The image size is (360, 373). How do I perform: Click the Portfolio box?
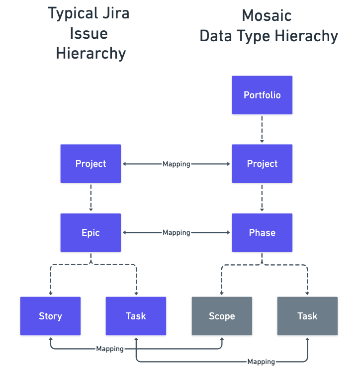pyautogui.click(x=262, y=95)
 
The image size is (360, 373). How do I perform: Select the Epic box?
pyautogui.click(x=90, y=232)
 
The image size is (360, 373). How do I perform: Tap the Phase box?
pyautogui.click(x=262, y=232)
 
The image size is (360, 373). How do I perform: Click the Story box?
pyautogui.click(x=50, y=316)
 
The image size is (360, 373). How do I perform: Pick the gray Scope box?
pyautogui.click(x=222, y=316)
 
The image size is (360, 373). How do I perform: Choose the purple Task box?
pyautogui.click(x=136, y=316)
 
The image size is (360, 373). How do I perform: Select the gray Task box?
pyautogui.click(x=307, y=316)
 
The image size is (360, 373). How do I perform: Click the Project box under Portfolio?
pyautogui.click(x=262, y=163)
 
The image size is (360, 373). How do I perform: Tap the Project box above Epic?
pyautogui.click(x=90, y=163)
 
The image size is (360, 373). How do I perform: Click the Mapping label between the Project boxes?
pyautogui.click(x=177, y=164)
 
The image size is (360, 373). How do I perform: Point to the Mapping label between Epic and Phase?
pyautogui.click(x=177, y=232)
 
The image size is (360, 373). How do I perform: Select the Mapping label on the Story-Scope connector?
pyautogui.click(x=110, y=349)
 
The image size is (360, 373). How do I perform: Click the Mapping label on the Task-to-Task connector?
pyautogui.click(x=261, y=362)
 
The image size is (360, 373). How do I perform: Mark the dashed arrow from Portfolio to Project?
pyautogui.click(x=262, y=129)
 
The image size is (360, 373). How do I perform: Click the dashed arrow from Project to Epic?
pyautogui.click(x=90, y=198)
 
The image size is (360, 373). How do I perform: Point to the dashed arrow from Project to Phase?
pyautogui.click(x=262, y=198)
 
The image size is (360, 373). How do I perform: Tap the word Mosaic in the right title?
pyautogui.click(x=267, y=16)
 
